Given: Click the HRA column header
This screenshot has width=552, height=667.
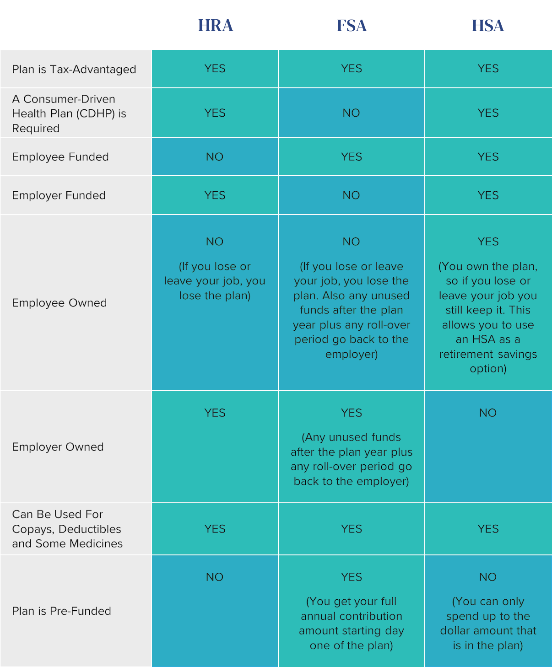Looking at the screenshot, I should (x=215, y=25).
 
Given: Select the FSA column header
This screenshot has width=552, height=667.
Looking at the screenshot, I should (x=352, y=25).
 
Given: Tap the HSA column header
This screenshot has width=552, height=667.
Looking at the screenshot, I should (x=488, y=25).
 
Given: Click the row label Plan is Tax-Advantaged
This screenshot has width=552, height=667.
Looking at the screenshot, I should (x=74, y=69).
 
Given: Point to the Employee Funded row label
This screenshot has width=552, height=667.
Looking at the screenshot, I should (x=60, y=157).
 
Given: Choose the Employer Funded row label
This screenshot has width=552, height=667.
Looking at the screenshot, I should (x=59, y=195).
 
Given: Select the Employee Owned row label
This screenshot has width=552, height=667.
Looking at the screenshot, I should (x=60, y=303).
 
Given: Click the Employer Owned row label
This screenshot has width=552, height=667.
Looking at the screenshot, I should (x=58, y=447).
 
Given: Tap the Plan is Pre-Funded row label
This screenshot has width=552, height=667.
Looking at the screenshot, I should (x=61, y=611).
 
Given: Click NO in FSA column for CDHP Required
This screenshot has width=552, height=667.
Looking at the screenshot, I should (x=351, y=113).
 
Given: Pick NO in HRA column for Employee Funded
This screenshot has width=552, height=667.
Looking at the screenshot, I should (x=215, y=157).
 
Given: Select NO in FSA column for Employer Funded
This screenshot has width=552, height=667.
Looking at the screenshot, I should (x=351, y=195).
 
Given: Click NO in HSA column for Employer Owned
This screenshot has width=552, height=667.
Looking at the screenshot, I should (x=488, y=413).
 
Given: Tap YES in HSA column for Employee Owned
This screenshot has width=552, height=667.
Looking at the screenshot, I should (x=488, y=242).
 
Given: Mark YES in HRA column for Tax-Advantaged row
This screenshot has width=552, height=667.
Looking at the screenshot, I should (x=215, y=69).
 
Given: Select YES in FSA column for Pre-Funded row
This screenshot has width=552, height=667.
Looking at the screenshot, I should (x=352, y=577).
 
